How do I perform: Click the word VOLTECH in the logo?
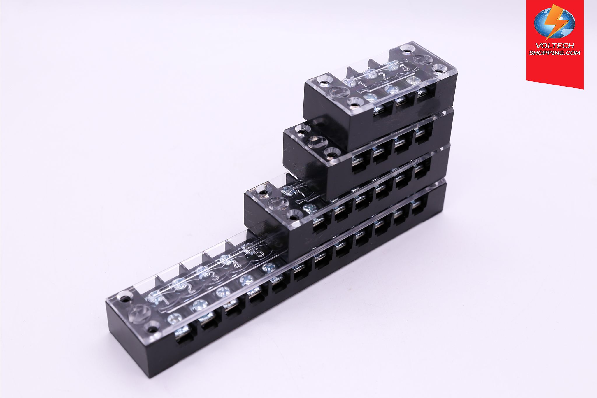click(555, 45)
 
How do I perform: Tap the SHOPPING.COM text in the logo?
click(555, 53)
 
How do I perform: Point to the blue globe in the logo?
click(554, 23)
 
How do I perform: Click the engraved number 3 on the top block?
click(405, 68)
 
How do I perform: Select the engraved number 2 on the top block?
click(384, 76)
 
